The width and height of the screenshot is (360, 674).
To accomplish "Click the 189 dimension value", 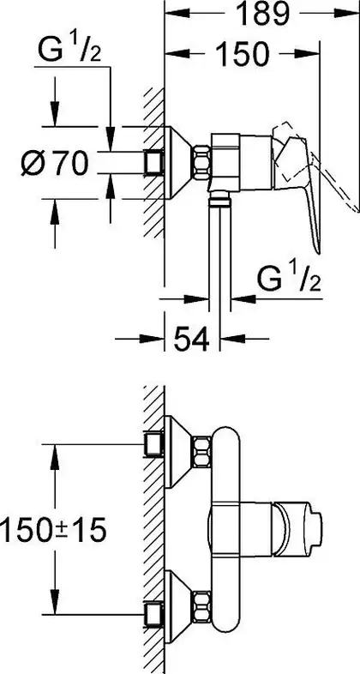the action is tap(262, 14).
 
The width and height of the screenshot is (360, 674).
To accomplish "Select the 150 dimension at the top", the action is tap(243, 54).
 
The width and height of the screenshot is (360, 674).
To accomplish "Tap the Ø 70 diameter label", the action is tap(55, 163).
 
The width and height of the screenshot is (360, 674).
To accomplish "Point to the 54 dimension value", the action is tap(191, 339).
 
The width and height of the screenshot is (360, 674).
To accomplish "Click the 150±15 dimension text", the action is tap(53, 530).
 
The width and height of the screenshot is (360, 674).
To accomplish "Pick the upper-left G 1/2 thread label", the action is tap(69, 50).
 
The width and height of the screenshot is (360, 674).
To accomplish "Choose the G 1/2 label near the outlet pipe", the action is tap(289, 279).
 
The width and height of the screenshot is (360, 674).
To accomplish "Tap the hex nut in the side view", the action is tap(201, 162).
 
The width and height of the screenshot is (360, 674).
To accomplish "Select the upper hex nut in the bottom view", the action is tap(201, 452).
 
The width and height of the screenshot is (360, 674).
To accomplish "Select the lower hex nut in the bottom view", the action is tap(201, 607).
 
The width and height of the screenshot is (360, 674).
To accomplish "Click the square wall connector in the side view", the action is tap(153, 163).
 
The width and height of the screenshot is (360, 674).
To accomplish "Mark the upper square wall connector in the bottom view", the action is tap(153, 444).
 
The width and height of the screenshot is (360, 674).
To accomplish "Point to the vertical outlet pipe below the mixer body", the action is tap(220, 254).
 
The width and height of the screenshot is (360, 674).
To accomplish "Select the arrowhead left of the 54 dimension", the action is tap(152, 339).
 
